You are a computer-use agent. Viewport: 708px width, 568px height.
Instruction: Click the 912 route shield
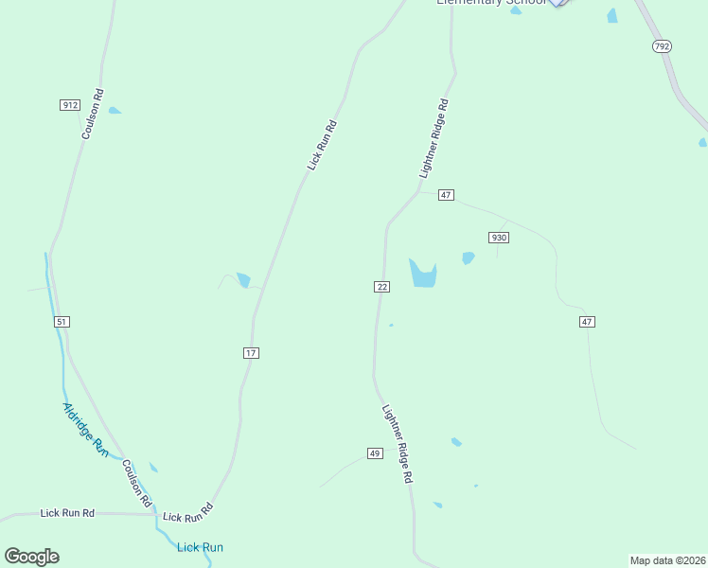(69, 104)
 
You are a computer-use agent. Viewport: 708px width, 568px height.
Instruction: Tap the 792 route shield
(662, 45)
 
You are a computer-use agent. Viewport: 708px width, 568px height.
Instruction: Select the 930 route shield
(499, 238)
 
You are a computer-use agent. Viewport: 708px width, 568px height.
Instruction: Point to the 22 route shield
(381, 287)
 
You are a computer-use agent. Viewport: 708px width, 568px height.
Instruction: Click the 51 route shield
(62, 322)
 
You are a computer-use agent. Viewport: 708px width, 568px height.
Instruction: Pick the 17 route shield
(250, 353)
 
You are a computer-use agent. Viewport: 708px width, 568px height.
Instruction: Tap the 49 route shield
(375, 454)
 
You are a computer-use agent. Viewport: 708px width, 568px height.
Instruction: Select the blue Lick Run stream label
(200, 547)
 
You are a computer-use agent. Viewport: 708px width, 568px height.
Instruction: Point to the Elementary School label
(490, 3)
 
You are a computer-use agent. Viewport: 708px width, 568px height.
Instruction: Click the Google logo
(31, 557)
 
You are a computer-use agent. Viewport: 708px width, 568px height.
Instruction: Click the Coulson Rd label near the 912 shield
(92, 115)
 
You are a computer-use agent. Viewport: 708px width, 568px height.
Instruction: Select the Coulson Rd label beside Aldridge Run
(136, 484)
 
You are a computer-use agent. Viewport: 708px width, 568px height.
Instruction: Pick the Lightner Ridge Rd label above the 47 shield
(433, 139)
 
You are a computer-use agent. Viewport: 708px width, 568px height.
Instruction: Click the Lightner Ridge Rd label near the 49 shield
(398, 445)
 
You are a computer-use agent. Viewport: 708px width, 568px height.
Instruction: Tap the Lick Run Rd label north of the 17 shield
(322, 145)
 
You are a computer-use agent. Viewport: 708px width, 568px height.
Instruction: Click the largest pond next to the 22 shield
(422, 275)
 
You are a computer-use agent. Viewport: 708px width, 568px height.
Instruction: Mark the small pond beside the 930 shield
(468, 257)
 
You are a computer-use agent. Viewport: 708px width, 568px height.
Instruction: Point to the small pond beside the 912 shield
(115, 111)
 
